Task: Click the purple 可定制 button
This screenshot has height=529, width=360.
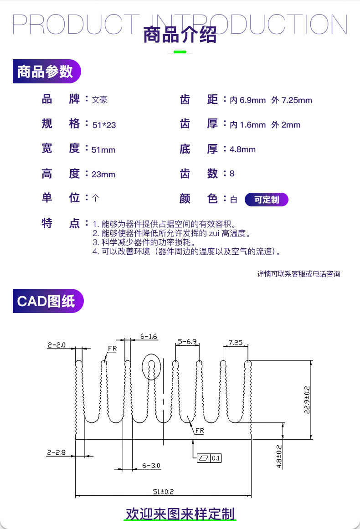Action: pyautogui.click(x=266, y=200)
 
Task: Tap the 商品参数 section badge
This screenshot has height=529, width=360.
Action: pyautogui.click(x=46, y=71)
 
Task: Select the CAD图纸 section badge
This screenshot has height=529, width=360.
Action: pyautogui.click(x=48, y=301)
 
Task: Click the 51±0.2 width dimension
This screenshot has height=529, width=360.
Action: pyautogui.click(x=163, y=492)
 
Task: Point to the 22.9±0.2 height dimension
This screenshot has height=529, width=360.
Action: pyautogui.click(x=307, y=400)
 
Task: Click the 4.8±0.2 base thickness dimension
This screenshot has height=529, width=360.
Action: pyautogui.click(x=279, y=457)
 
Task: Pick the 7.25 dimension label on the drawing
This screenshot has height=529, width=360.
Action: pyautogui.click(x=236, y=343)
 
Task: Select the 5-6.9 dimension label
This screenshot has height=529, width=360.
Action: pyautogui.click(x=187, y=341)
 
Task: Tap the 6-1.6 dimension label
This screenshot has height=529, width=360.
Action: pyautogui.click(x=149, y=336)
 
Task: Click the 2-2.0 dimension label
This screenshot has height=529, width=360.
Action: pyautogui.click(x=57, y=345)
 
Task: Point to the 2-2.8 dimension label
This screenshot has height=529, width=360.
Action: pyautogui.click(x=57, y=452)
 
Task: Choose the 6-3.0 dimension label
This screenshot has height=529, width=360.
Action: pyautogui.click(x=151, y=466)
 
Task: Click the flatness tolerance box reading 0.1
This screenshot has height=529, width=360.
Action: pyautogui.click(x=209, y=458)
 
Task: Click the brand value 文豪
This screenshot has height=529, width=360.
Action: pyautogui.click(x=99, y=100)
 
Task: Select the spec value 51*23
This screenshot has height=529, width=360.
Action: pyautogui.click(x=104, y=125)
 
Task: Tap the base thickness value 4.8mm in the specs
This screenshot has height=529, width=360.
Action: pyautogui.click(x=242, y=149)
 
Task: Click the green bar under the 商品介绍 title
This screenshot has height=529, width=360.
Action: pyautogui.click(x=180, y=52)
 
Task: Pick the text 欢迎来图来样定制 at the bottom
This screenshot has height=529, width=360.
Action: pyautogui.click(x=180, y=514)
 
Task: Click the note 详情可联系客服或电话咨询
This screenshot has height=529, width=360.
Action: pyautogui.click(x=298, y=274)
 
